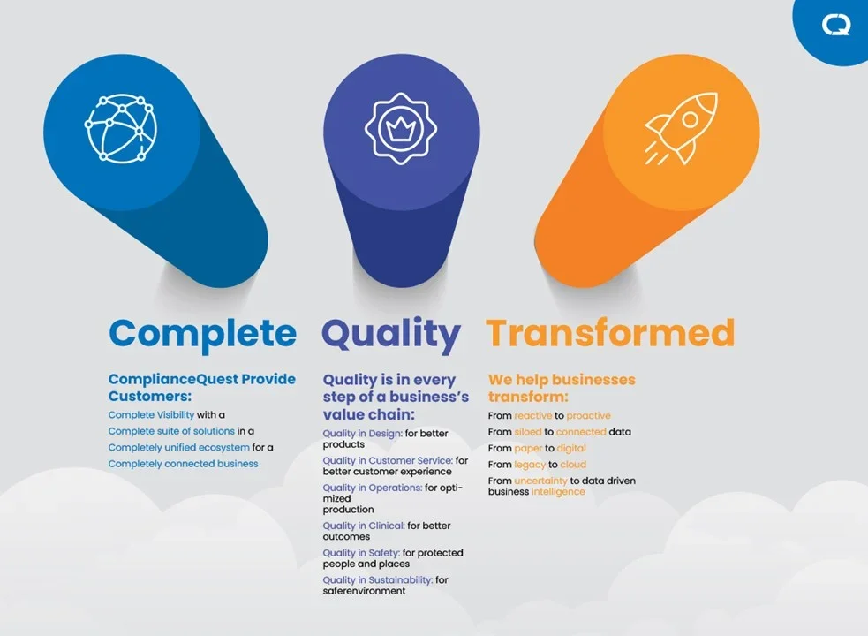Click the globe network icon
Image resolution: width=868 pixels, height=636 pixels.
click(x=121, y=129)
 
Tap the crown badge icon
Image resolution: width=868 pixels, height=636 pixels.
click(x=400, y=129)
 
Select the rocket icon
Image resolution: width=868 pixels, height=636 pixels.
click(x=682, y=129)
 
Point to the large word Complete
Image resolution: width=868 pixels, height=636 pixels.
click(x=202, y=334)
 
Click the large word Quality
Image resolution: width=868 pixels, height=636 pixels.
click(x=391, y=334)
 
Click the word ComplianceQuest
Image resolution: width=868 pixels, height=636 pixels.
click(x=173, y=380)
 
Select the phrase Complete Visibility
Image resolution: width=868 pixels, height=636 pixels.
click(x=151, y=414)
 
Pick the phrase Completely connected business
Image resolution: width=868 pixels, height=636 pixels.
click(x=184, y=464)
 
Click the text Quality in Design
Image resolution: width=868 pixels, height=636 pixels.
click(x=363, y=433)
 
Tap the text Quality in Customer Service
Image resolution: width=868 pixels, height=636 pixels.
click(x=388, y=460)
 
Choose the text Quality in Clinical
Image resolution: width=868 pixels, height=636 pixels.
click(x=364, y=526)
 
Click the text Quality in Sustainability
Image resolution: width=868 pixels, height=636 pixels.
click(x=378, y=580)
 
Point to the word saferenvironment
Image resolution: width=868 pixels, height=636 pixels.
click(x=365, y=591)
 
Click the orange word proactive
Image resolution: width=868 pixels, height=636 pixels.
click(x=588, y=415)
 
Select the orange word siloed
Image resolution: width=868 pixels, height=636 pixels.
click(x=528, y=432)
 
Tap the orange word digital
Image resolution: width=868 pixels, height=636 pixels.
click(x=571, y=448)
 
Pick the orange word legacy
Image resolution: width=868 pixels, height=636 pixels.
click(x=530, y=465)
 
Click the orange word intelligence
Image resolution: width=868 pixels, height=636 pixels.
click(x=558, y=492)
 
